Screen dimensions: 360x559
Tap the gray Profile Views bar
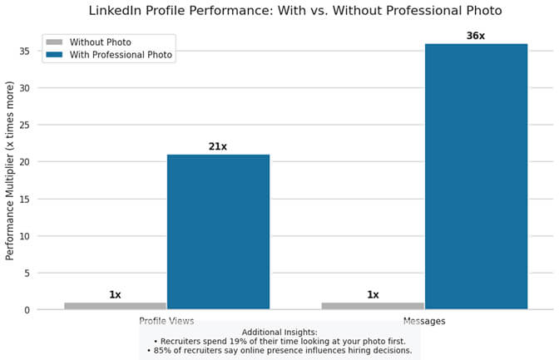coord(115,306)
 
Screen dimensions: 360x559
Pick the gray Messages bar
coord(373,306)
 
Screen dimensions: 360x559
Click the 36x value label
coord(476,36)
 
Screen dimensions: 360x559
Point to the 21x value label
coord(218,146)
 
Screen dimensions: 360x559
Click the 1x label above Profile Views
coord(115,294)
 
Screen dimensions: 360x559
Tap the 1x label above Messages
coord(373,294)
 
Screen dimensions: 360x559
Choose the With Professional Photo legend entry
coord(121,54)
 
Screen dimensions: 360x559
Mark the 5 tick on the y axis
coord(27,273)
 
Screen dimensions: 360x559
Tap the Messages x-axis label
coord(424,320)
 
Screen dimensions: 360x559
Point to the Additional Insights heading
coord(279,332)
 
